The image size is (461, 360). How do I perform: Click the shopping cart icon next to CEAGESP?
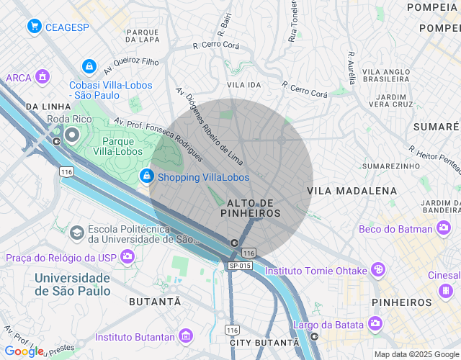34,27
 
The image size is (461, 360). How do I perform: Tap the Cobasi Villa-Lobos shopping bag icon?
89,66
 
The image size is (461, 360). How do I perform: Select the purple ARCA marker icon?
42,76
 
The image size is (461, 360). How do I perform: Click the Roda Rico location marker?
71,135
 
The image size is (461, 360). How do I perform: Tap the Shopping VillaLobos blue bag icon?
146,176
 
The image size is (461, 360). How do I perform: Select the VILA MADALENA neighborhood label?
352,191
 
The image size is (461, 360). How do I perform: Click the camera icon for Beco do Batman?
444,229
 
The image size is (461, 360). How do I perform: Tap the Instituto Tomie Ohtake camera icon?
377,270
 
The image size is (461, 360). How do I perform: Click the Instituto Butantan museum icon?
187,336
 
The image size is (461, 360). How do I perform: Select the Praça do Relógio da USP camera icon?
127,256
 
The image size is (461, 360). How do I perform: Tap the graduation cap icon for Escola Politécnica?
76,233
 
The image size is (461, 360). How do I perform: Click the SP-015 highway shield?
239,266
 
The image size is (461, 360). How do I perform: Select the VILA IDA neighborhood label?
243,85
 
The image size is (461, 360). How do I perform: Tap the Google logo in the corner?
23,351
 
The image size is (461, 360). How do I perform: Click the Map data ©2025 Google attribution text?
416,354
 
